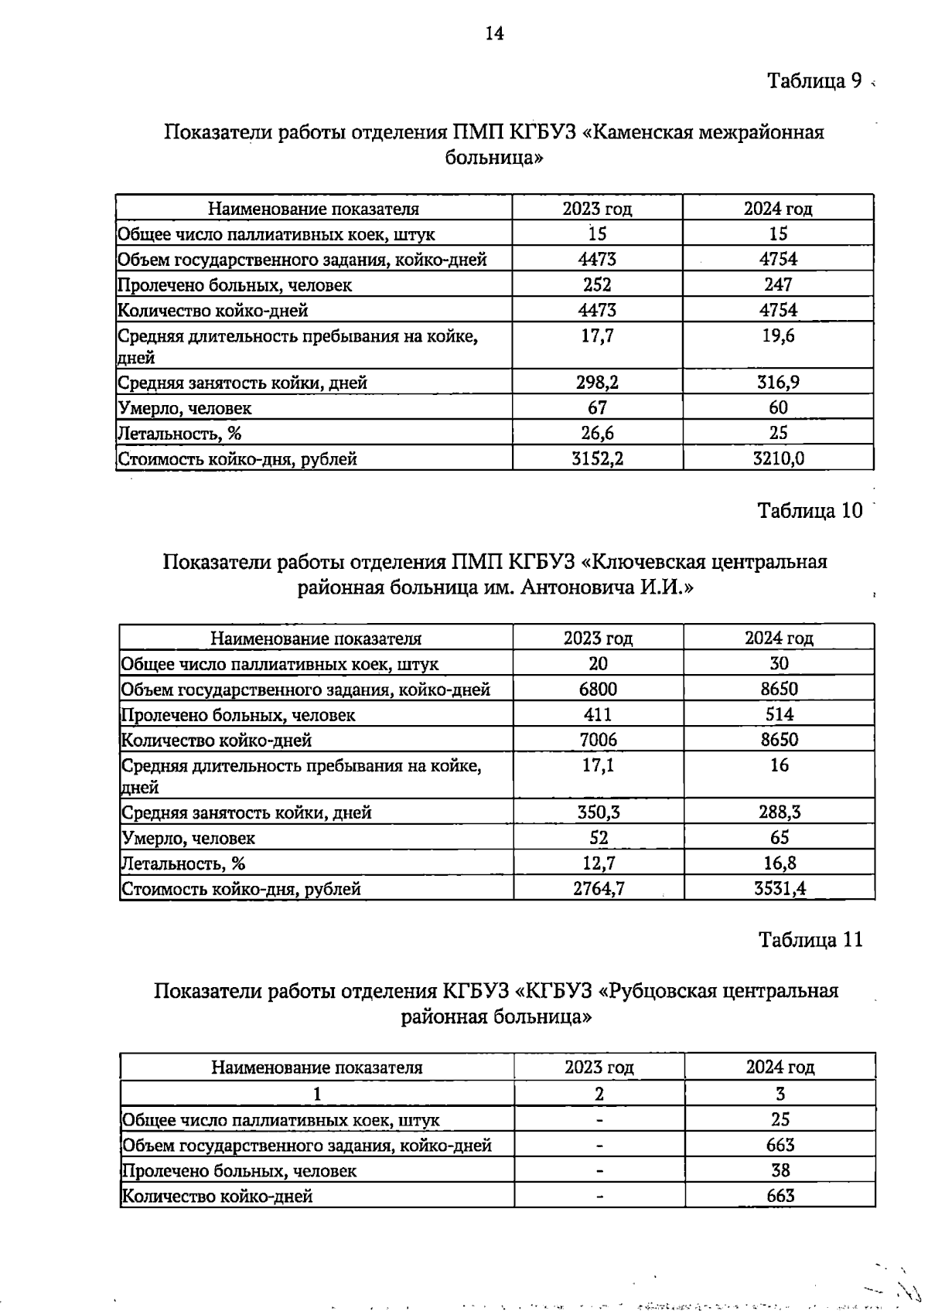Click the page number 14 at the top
(x=494, y=32)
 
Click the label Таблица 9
(x=814, y=80)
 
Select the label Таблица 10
(x=809, y=511)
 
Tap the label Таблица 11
(x=810, y=940)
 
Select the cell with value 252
(x=596, y=284)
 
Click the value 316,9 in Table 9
(x=778, y=382)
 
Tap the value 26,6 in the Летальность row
(x=597, y=433)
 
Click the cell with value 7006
(x=598, y=740)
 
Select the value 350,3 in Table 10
(x=598, y=812)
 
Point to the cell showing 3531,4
(x=780, y=888)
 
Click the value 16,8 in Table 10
(x=780, y=863)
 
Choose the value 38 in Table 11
(x=780, y=1170)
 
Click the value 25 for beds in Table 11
(x=780, y=1119)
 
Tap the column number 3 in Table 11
(x=780, y=1094)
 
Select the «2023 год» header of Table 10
(x=598, y=638)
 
